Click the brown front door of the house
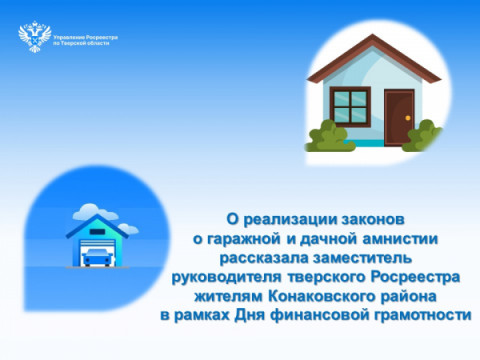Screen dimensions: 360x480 [400, 117]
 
